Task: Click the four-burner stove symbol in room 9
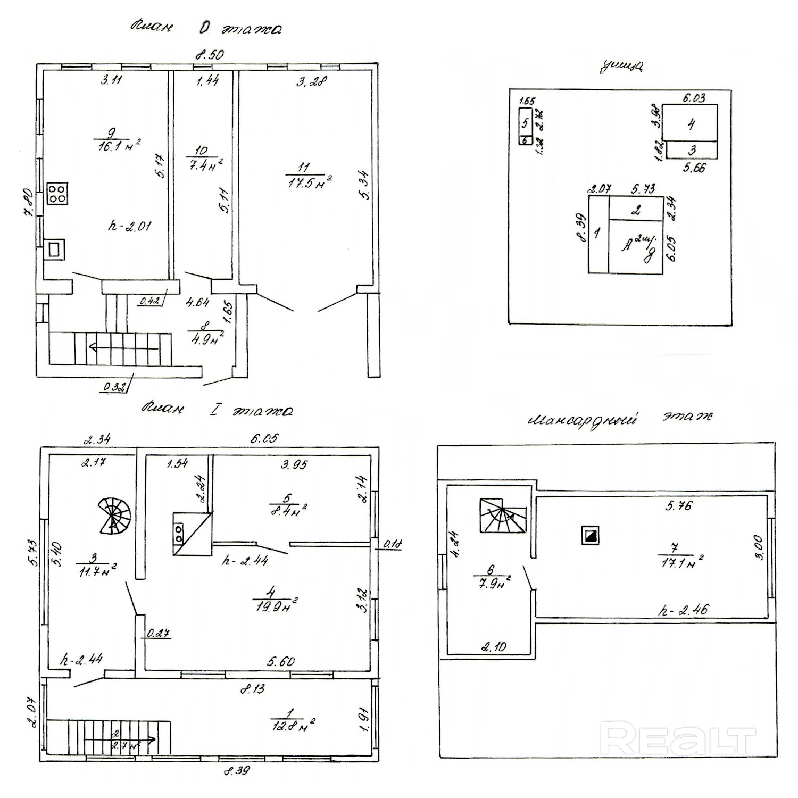click(x=57, y=193)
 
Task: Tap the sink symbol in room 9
click(x=54, y=248)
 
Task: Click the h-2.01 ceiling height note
click(x=129, y=226)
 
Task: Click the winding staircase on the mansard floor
click(x=503, y=516)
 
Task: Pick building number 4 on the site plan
click(x=691, y=124)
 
